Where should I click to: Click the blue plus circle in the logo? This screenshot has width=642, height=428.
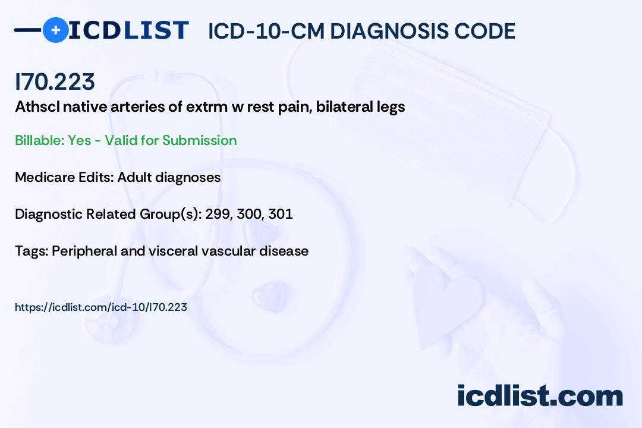click(x=55, y=30)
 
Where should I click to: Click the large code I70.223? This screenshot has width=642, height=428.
click(x=55, y=81)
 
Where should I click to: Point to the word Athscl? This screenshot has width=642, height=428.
click(x=37, y=107)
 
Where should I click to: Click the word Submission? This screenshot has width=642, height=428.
click(x=199, y=140)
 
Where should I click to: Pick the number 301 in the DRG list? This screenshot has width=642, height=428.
click(x=281, y=214)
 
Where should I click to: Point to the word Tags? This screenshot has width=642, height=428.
click(x=32, y=251)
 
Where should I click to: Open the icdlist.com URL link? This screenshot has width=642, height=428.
click(x=101, y=307)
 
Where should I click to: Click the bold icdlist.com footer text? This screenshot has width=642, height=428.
click(x=540, y=396)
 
